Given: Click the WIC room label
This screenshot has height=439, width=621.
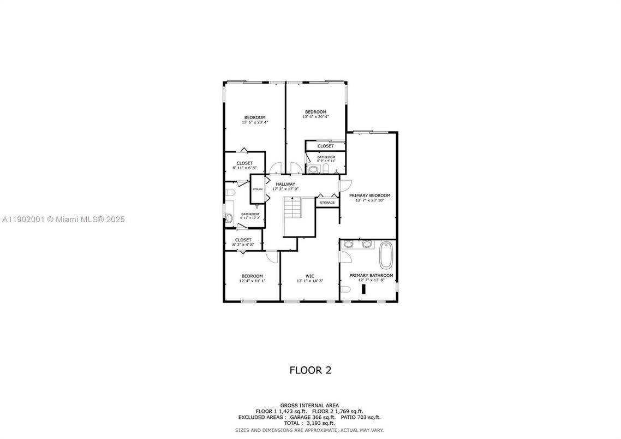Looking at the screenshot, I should [310, 276].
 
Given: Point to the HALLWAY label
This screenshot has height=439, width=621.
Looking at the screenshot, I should [285, 184].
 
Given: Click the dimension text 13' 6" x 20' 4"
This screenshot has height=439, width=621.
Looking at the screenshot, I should [255, 122].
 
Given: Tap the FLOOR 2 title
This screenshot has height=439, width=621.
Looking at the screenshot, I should [310, 370].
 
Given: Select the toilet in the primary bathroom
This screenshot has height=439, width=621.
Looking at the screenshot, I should [346, 288].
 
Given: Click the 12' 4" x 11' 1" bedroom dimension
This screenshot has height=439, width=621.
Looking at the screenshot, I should [252, 281].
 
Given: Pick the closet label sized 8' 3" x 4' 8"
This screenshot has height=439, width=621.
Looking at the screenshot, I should [243, 240].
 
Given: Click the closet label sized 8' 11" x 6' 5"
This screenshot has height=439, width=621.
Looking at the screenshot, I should [244, 163].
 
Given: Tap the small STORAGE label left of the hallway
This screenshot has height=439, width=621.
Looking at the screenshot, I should [258, 189].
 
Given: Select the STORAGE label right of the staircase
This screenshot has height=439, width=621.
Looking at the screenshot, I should [327, 203].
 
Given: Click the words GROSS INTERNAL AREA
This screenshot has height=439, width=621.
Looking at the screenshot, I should [309, 405].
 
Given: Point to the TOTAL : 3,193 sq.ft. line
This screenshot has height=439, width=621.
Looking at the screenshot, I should [309, 423].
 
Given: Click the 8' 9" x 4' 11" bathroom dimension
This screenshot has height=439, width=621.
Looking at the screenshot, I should [326, 161].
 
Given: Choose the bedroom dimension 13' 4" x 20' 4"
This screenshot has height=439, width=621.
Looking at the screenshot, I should [315, 116].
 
